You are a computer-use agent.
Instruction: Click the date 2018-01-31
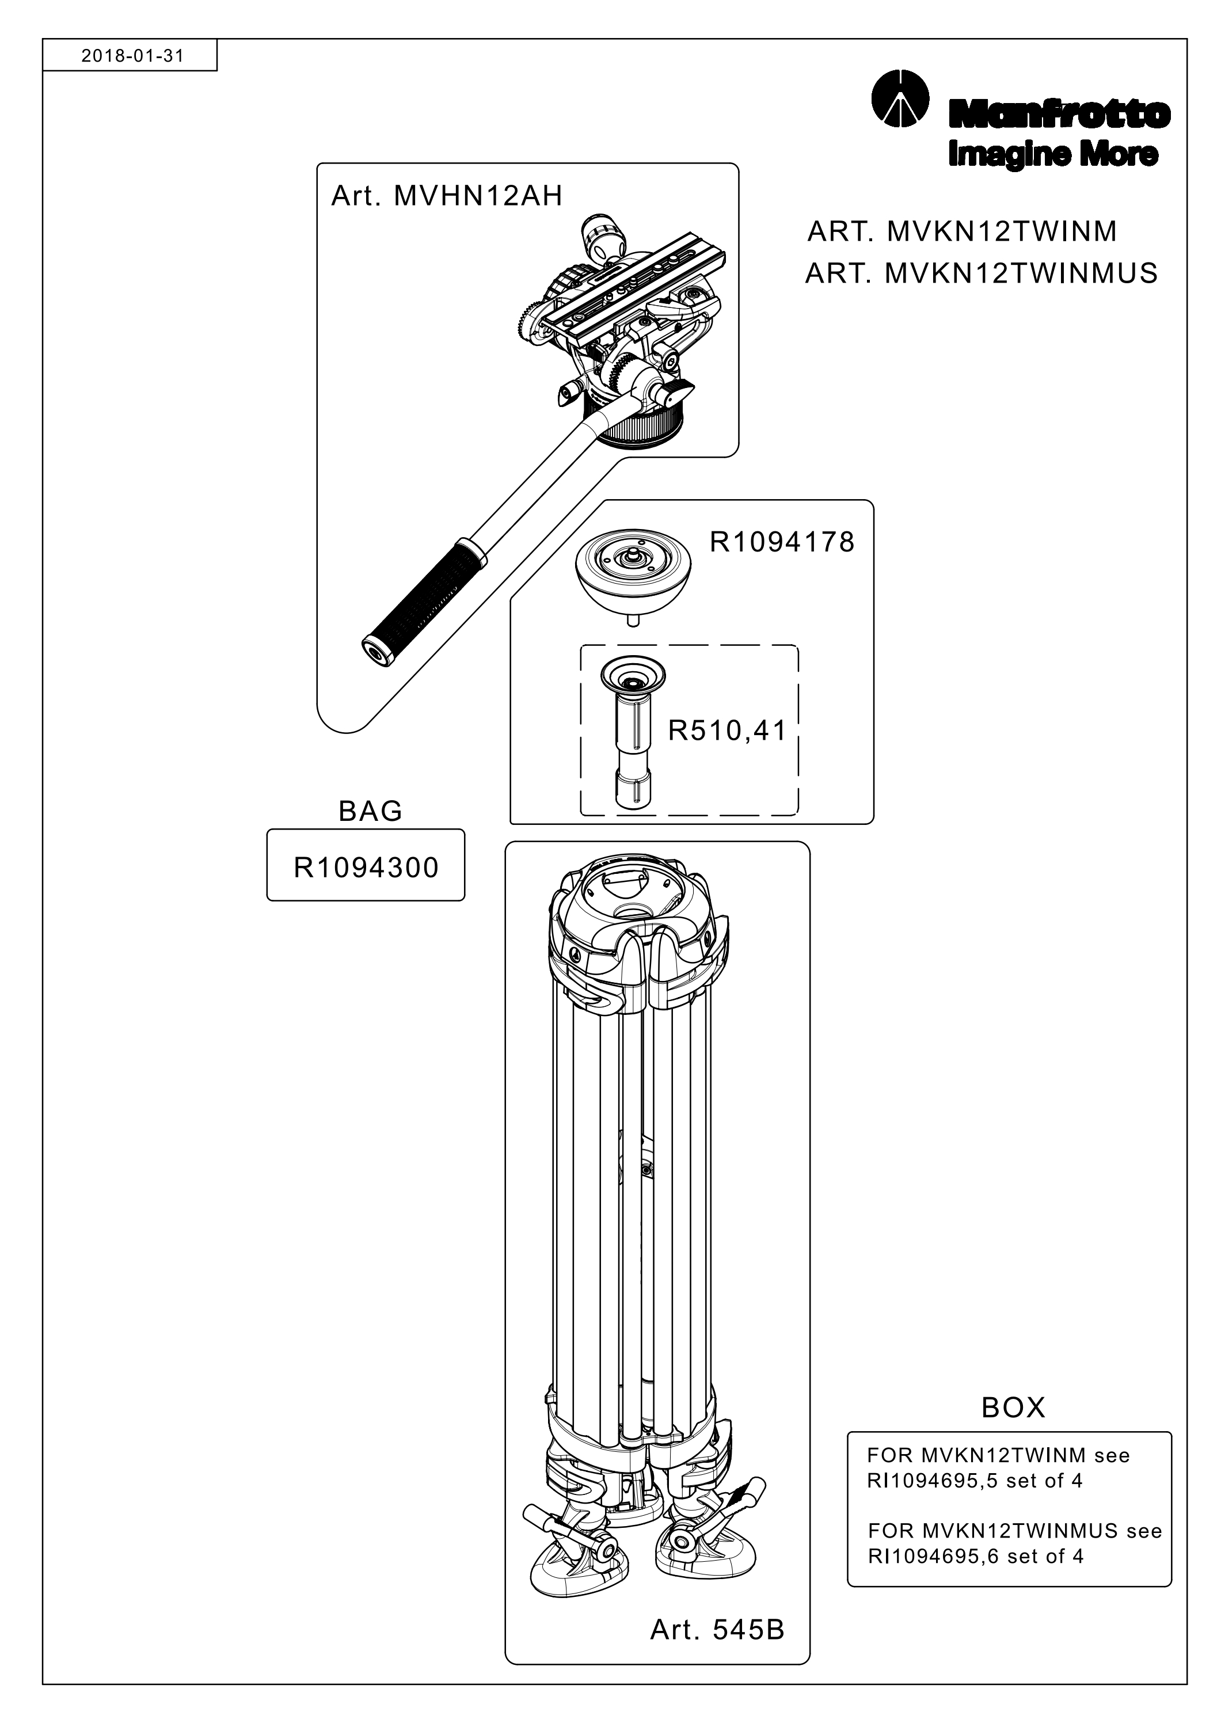(x=132, y=56)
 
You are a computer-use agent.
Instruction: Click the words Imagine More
(x=1053, y=154)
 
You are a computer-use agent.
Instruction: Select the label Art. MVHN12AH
(x=447, y=196)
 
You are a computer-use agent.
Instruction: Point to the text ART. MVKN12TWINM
(x=962, y=231)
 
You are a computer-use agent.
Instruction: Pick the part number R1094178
(x=782, y=542)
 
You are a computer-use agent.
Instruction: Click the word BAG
(x=370, y=811)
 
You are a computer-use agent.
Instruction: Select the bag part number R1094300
(x=366, y=868)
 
